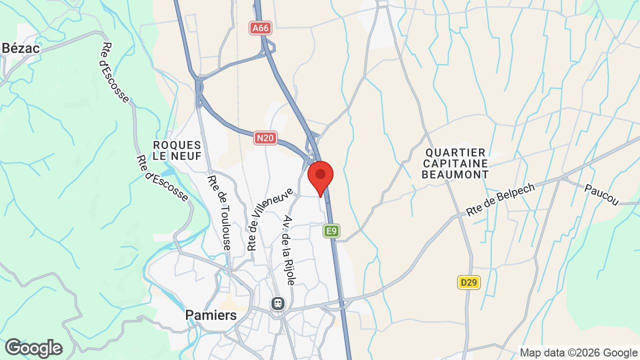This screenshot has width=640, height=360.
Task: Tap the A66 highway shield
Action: point(260,28)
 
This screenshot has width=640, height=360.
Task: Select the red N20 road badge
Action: point(265,138)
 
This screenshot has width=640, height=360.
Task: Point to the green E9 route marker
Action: point(331,230)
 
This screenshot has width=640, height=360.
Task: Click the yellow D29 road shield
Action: point(468,282)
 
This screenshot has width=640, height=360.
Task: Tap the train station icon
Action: point(277,303)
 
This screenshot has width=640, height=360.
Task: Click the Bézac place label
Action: point(20,48)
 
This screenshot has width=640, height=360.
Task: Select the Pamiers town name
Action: point(211,315)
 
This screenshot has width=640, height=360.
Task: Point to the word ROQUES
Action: point(177,145)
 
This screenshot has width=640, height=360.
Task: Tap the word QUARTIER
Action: point(455,152)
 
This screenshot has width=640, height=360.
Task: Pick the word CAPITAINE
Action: point(455,163)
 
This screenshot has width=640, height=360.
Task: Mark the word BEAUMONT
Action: point(455,174)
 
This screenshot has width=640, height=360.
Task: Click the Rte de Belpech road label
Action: point(500,199)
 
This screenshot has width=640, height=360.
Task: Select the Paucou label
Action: point(601,194)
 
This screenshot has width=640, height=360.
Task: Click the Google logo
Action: point(33,348)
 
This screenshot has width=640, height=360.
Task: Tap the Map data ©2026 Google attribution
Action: point(578,352)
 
